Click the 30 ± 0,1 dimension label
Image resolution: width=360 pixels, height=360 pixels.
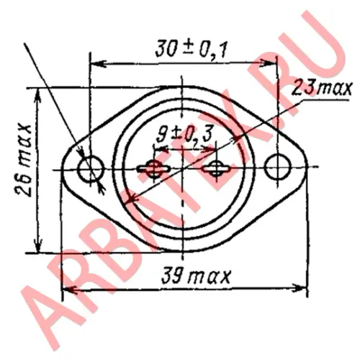coord(191,50)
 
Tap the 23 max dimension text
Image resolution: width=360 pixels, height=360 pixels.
coord(322,89)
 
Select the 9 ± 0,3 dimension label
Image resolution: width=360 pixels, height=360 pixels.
coord(184,134)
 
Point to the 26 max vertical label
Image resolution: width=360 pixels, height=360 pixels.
coord(24,161)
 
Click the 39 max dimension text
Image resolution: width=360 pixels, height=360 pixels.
coord(196,276)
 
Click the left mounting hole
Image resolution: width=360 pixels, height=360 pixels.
coord(91,168)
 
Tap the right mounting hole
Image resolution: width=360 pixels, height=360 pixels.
coord(278,166)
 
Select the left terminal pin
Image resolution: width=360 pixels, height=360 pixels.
coord(153,169)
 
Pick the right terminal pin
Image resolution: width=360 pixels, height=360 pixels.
coord(216,168)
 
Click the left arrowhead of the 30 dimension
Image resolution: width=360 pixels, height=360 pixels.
coord(98,64)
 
